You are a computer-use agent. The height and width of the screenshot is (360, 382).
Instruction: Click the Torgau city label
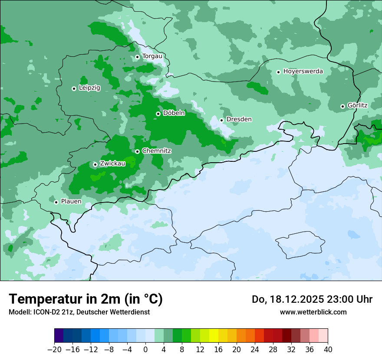152,56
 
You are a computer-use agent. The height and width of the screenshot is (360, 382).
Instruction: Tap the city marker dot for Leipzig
74,88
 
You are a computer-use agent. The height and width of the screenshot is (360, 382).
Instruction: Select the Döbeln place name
174,113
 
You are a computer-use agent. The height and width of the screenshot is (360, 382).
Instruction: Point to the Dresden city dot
221,120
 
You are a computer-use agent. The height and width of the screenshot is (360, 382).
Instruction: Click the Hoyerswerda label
303,71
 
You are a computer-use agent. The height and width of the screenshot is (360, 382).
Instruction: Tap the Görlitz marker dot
342,106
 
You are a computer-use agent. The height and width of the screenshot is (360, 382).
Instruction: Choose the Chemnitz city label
156,151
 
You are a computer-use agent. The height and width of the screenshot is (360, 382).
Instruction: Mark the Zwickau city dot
95,164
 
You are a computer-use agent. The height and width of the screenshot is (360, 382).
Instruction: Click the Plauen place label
71,201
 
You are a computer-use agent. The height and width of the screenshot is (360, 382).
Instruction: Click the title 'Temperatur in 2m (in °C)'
86,299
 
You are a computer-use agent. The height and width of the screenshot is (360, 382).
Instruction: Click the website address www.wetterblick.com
313,312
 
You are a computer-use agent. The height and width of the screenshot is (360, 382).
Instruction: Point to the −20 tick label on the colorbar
54,350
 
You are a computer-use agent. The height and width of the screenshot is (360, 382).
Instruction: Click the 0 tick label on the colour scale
145,350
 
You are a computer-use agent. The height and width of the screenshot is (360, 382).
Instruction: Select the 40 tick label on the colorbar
328,350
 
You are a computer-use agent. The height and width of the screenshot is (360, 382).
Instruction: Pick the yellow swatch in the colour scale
214,336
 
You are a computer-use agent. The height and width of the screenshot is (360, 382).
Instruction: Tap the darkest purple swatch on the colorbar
59,336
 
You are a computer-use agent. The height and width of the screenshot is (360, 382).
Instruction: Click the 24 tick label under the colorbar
255,350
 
